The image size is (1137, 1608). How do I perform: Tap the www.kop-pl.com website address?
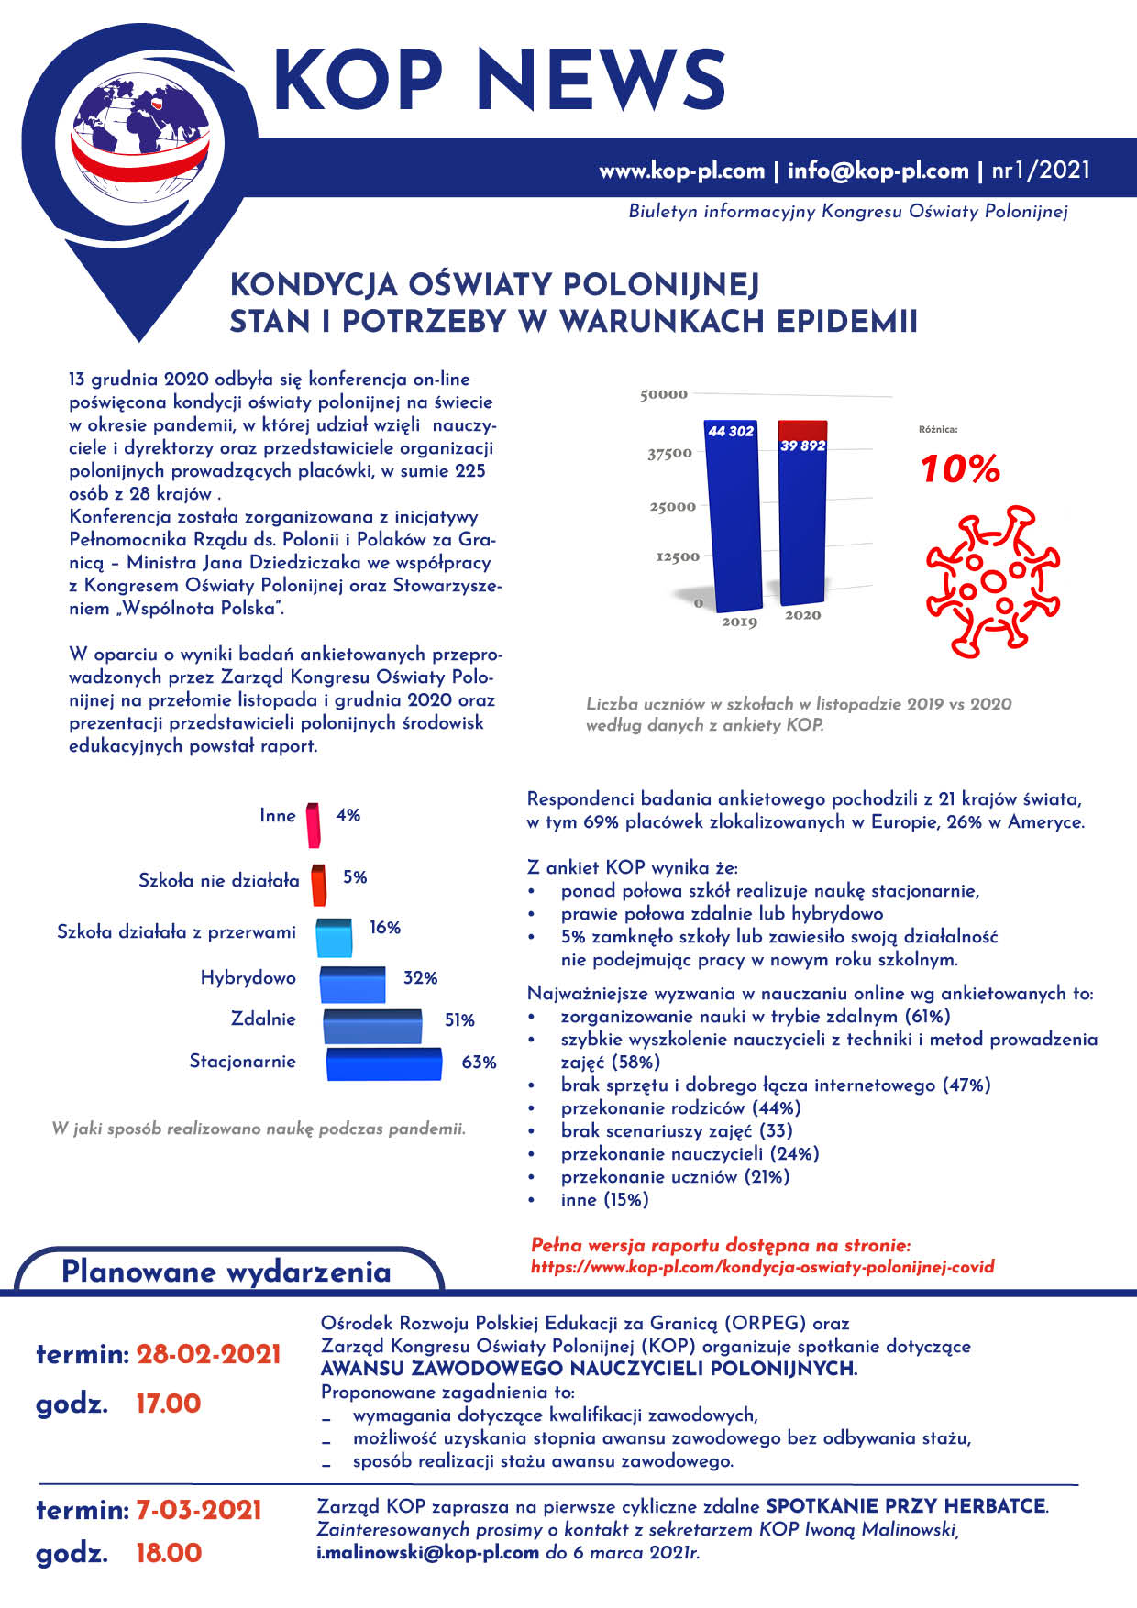(x=681, y=171)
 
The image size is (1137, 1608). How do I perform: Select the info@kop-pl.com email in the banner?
(x=878, y=171)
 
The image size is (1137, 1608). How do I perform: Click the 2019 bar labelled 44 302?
(x=732, y=518)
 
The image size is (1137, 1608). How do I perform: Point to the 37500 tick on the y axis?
(x=669, y=453)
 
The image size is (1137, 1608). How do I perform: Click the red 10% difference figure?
(x=960, y=469)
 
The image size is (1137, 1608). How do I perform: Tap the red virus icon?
(x=992, y=579)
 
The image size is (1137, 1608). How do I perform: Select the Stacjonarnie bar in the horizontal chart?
(x=384, y=1064)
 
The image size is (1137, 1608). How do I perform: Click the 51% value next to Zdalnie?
(x=459, y=1020)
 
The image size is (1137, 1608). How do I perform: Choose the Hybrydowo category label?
(x=248, y=978)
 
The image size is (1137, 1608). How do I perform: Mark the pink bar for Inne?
(x=314, y=824)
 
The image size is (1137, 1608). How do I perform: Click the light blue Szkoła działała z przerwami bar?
(x=334, y=937)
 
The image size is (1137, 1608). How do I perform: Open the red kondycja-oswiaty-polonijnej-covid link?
(x=762, y=1267)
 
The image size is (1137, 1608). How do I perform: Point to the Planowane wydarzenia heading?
(x=226, y=1272)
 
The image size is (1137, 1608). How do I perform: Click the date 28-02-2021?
(x=208, y=1354)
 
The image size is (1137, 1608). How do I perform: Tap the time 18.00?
(x=169, y=1553)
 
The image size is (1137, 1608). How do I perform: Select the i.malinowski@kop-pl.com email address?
(x=427, y=1553)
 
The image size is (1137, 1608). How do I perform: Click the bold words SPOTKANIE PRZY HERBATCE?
(x=906, y=1506)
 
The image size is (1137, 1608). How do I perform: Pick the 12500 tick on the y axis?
(x=677, y=556)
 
